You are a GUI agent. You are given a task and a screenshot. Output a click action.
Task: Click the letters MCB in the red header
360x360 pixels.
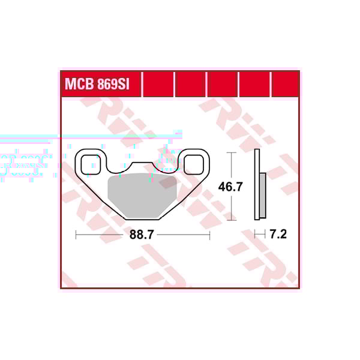pyautogui.click(x=79, y=84)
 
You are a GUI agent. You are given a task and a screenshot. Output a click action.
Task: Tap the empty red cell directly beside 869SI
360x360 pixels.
pyautogui.click(x=158, y=84)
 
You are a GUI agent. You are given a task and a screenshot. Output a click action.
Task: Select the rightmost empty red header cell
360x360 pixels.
pyautogui.click(x=285, y=84)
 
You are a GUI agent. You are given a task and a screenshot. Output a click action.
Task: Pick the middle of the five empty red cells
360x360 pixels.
pyautogui.click(x=221, y=84)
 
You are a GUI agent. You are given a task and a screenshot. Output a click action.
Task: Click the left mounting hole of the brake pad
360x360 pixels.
pyautogui.click(x=89, y=162)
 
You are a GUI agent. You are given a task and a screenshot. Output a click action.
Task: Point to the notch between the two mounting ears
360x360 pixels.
pyautogui.click(x=142, y=166)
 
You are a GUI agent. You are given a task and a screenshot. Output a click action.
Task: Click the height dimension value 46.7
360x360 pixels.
pyautogui.click(x=230, y=187)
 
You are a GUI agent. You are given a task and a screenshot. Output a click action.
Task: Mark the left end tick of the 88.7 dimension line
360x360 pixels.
pyautogui.click(x=76, y=235)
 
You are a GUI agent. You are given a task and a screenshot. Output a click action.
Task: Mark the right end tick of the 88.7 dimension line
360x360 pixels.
pyautogui.click(x=209, y=235)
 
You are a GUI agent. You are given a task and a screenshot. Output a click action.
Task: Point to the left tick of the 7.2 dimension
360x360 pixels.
pyautogui.click(x=255, y=235)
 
